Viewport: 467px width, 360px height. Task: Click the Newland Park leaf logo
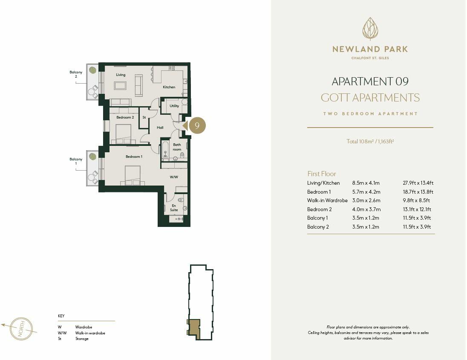(x=370, y=29)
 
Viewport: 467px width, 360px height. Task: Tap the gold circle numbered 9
(x=197, y=125)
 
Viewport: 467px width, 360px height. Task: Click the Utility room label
(x=174, y=106)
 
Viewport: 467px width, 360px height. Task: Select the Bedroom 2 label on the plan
(x=125, y=117)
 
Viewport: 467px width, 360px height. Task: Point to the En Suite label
(x=174, y=208)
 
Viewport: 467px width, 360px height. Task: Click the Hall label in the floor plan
(x=160, y=128)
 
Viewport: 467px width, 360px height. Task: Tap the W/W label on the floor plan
(x=174, y=177)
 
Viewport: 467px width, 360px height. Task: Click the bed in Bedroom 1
(x=133, y=175)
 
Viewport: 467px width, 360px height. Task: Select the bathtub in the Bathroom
(x=165, y=150)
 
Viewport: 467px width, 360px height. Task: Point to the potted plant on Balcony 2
(x=92, y=70)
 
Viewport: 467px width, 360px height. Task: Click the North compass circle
(x=21, y=329)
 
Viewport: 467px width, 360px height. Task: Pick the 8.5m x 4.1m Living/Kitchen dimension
(x=366, y=183)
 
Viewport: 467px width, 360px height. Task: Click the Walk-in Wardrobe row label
(x=327, y=200)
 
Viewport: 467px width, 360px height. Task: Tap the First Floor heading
(x=322, y=174)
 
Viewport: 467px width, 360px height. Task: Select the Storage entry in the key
(x=82, y=339)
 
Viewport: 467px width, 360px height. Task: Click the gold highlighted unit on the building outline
(x=194, y=328)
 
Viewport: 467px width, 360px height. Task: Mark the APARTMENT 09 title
(x=370, y=81)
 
